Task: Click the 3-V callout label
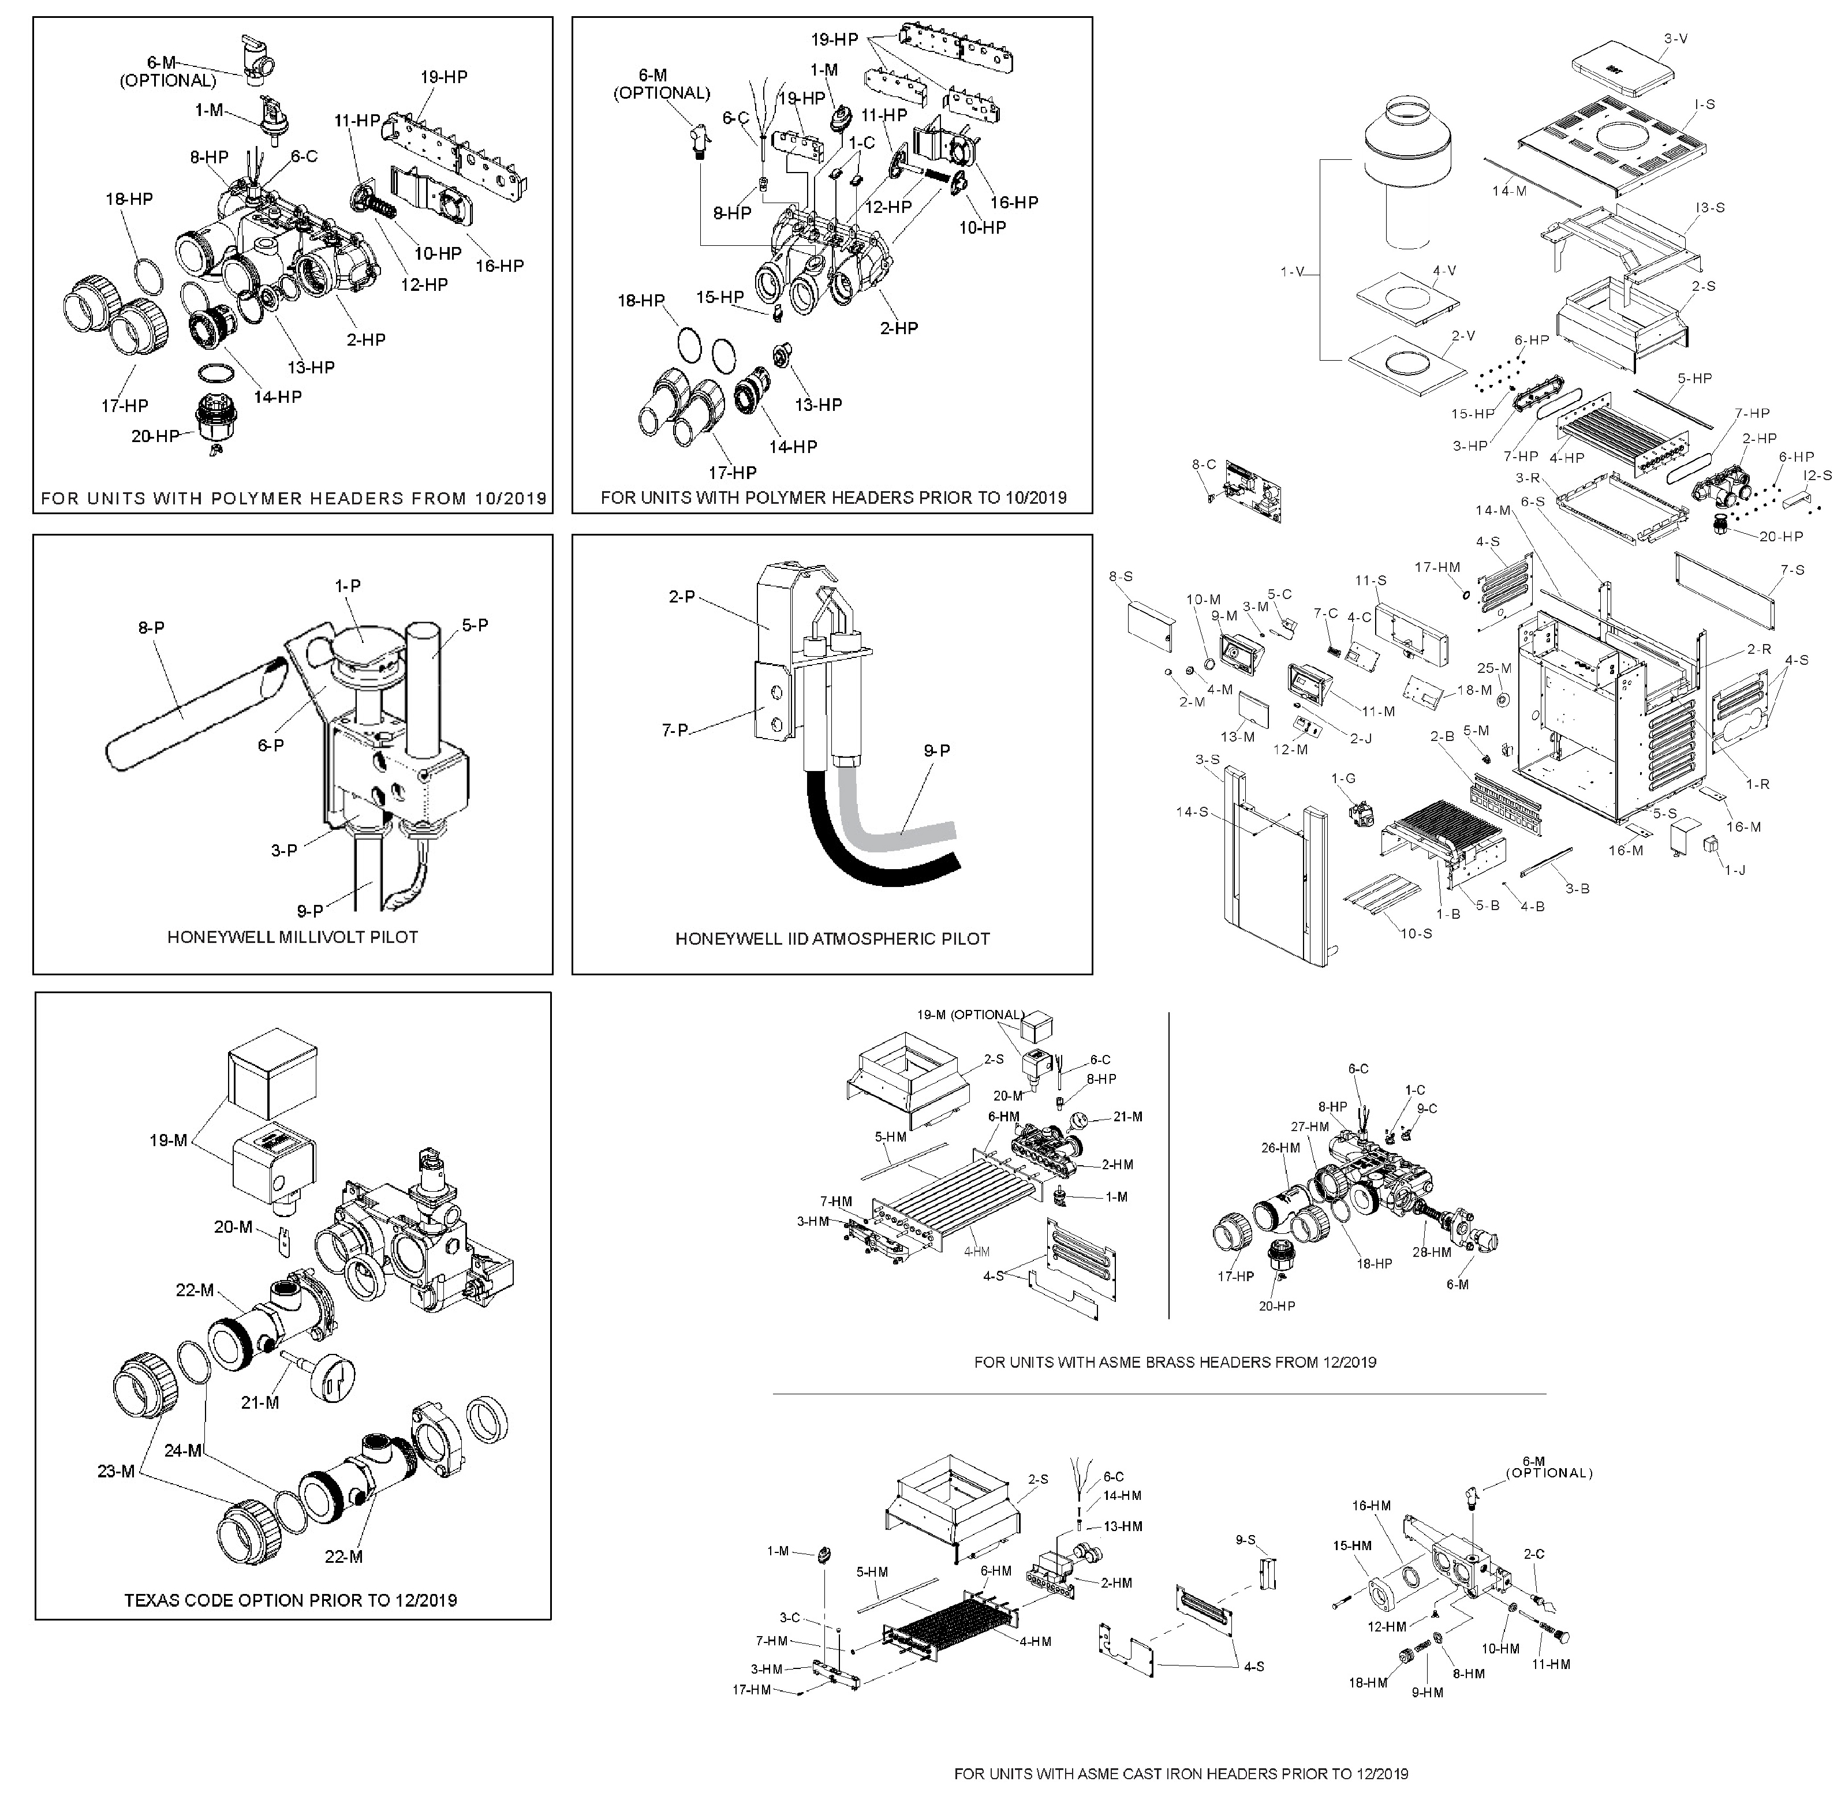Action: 1676,38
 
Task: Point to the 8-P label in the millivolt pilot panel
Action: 151,628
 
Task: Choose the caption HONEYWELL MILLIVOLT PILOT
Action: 293,937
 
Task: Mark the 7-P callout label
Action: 675,730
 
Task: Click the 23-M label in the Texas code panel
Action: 116,1471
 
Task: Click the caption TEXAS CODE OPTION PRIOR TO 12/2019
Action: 290,1600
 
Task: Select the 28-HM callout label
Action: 1431,1252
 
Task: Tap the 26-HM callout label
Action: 1280,1148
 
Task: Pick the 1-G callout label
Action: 1343,779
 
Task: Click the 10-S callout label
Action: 1416,933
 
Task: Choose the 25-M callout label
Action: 1494,668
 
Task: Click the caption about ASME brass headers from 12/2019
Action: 1175,1361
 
